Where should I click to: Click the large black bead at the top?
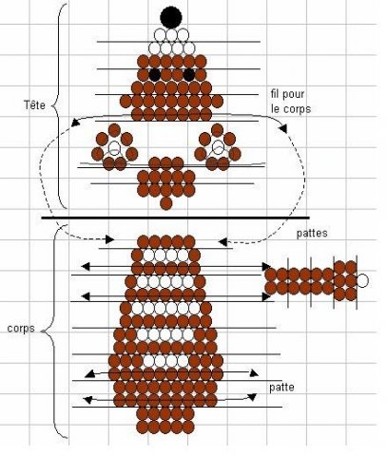[x=171, y=17]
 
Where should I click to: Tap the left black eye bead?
[x=155, y=75]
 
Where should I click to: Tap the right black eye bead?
[x=189, y=75]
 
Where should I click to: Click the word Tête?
[x=34, y=104]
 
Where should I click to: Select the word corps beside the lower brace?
[x=21, y=329]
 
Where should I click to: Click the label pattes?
[x=312, y=234]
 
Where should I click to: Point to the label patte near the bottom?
[x=281, y=388]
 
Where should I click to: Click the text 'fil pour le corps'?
[x=291, y=102]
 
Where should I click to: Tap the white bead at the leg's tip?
[x=362, y=280]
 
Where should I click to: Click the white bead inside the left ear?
[x=114, y=148]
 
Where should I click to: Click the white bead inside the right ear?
[x=218, y=147]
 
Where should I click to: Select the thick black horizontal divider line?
[x=175, y=218]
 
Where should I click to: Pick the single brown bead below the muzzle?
[x=166, y=203]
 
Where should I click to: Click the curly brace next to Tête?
[x=59, y=106]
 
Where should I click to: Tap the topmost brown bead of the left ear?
[x=114, y=130]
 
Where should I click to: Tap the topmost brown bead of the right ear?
[x=218, y=129]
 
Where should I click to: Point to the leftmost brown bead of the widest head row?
[x=126, y=102]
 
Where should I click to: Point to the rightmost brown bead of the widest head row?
[x=217, y=102]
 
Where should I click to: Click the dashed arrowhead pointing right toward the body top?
[x=110, y=239]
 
